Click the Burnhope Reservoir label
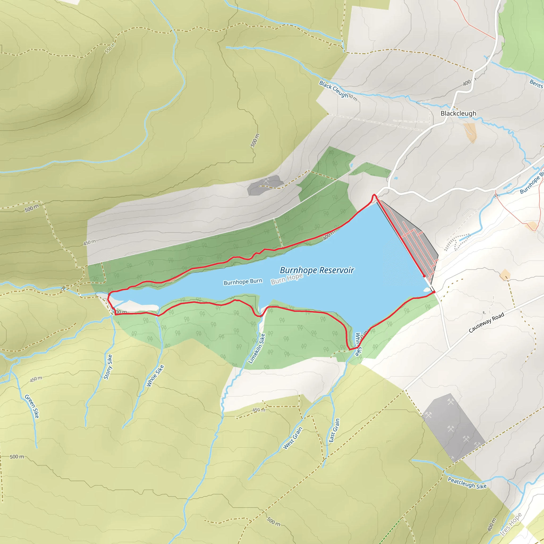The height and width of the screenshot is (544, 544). [x=317, y=270]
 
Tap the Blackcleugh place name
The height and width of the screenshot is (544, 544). [x=458, y=113]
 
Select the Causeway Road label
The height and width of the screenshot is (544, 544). [x=486, y=323]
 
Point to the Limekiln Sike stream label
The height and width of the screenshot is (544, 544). [x=257, y=348]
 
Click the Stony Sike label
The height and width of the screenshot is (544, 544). [x=108, y=367]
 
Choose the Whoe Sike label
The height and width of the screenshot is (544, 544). [x=155, y=376]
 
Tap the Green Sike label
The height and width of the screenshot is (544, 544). [x=32, y=406]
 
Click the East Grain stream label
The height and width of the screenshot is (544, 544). [x=334, y=430]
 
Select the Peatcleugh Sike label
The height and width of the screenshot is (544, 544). [x=467, y=483]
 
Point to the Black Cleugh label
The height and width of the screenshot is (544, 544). [x=334, y=89]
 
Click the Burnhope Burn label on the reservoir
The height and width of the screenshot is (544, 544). [x=243, y=282]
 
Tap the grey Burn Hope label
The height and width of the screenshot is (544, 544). [x=287, y=279]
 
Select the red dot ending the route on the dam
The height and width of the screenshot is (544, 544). [x=424, y=276]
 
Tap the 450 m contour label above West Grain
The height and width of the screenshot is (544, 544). [x=258, y=410]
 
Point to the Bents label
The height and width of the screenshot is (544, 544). [x=536, y=84]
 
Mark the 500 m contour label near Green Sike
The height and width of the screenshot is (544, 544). [x=17, y=457]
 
